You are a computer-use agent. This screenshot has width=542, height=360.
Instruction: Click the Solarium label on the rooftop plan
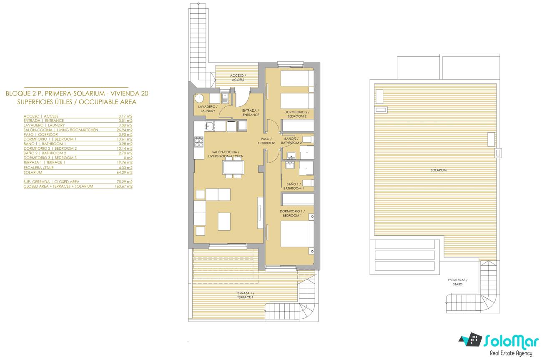tap(439, 170)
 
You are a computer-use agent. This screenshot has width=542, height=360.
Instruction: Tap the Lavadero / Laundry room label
tap(208, 109)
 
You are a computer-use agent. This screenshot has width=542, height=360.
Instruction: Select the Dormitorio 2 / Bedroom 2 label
tap(297, 114)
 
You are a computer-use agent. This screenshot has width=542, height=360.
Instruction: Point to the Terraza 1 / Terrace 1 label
tap(245, 295)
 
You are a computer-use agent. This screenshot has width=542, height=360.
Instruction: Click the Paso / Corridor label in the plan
tap(266, 141)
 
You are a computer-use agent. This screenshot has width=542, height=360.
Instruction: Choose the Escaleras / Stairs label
tap(457, 282)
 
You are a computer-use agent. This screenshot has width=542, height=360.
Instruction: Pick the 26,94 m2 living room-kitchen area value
tap(125, 130)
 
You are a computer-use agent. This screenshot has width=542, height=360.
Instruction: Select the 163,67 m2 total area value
tap(124, 186)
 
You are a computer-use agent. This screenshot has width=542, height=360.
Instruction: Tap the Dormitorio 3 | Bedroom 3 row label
tap(50, 158)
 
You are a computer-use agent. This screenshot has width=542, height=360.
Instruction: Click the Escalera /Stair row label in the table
tap(39, 168)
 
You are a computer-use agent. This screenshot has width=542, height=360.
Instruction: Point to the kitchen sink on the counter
tap(209, 126)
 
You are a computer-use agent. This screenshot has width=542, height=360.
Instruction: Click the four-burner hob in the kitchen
tap(198, 142)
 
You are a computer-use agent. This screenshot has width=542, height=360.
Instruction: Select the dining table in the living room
tap(233, 167)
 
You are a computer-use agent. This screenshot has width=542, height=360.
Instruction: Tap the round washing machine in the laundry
tap(199, 98)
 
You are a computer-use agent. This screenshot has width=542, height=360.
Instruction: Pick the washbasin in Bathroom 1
tap(290, 165)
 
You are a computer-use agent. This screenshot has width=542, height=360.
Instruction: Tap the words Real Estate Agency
tap(511, 353)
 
